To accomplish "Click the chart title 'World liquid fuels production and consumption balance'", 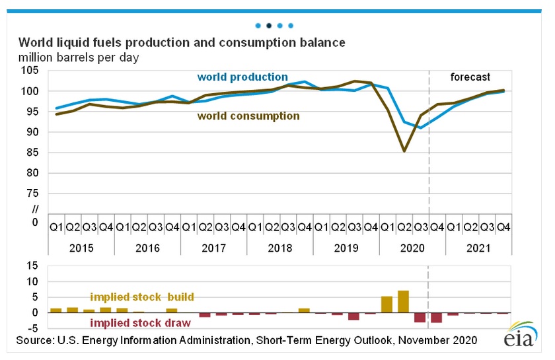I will (x=182, y=43).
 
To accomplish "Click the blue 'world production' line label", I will (x=242, y=77).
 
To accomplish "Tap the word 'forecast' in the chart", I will (x=470, y=77).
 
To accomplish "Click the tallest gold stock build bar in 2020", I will (x=403, y=301).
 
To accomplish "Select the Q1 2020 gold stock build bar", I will (x=387, y=305).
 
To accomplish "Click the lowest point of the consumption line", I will (x=403, y=151).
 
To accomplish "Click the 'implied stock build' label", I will (x=142, y=297).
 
